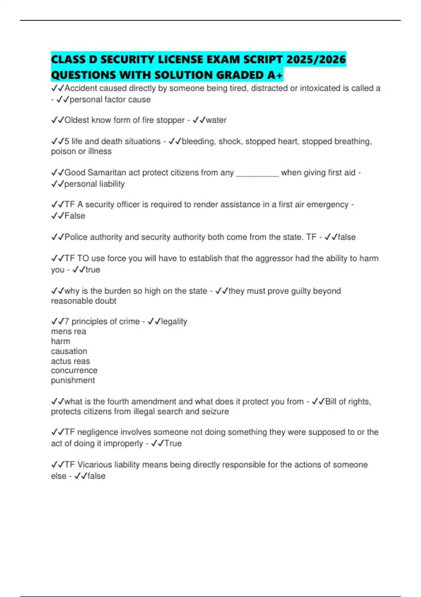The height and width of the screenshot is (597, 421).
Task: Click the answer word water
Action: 216,120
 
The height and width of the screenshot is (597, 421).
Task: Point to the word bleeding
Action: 198,141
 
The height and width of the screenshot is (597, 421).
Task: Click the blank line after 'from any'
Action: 258,172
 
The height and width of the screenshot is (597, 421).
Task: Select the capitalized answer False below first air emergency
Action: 75,216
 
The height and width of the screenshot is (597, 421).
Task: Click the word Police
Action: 76,237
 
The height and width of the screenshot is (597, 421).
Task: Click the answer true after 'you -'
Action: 93,270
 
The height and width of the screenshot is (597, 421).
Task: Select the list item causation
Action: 69,351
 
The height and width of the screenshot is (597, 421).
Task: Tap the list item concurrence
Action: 74,370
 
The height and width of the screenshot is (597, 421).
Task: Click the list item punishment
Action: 73,380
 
